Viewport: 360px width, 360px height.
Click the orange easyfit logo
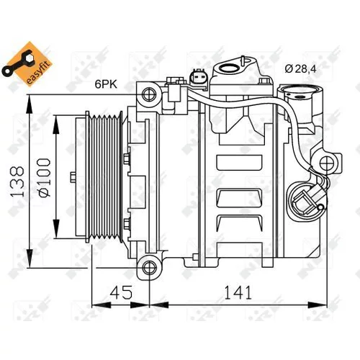(x=27, y=64)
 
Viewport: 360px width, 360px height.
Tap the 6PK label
(x=106, y=84)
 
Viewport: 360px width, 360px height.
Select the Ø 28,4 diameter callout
(x=300, y=69)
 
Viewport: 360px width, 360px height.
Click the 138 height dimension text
(x=17, y=181)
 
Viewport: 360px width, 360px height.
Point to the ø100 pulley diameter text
(x=44, y=177)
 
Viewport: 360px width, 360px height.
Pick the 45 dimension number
(x=121, y=292)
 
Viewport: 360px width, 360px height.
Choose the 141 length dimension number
(x=238, y=292)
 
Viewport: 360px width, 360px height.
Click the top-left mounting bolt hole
(x=149, y=94)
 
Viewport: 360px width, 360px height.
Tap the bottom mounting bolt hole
(x=149, y=267)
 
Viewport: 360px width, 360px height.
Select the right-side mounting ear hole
(x=327, y=163)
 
